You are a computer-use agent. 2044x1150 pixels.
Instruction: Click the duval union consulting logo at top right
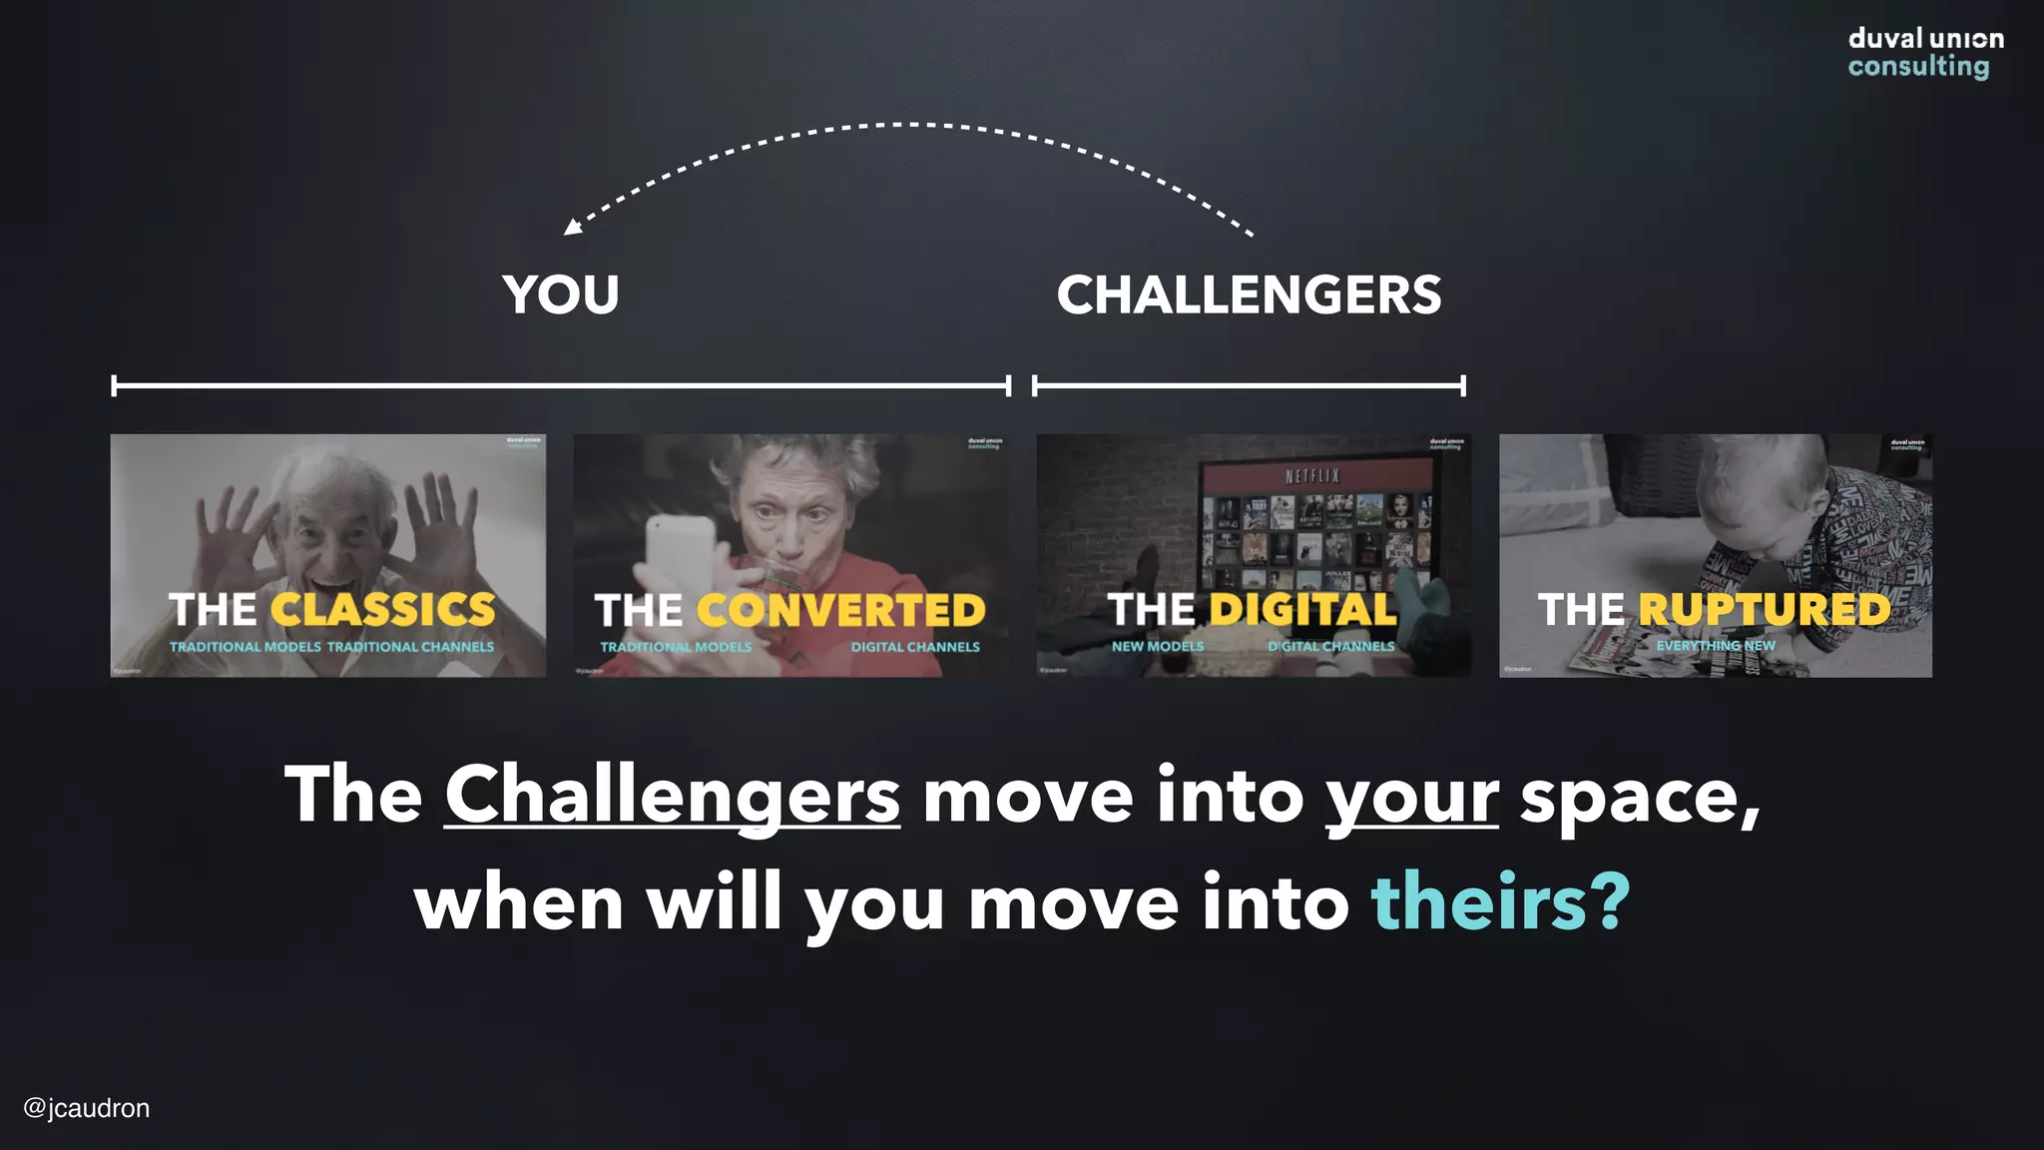(1924, 53)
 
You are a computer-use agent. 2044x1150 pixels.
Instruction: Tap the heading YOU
(561, 295)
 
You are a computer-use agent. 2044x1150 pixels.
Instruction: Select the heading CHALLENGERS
(1249, 295)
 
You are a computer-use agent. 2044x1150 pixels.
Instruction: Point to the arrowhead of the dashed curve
(572, 228)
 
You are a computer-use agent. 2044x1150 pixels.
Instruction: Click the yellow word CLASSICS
(382, 610)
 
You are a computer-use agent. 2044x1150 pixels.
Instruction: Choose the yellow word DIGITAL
(1302, 610)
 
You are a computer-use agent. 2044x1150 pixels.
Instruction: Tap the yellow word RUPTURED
(1764, 610)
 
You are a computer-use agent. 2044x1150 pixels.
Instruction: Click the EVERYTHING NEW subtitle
(1716, 646)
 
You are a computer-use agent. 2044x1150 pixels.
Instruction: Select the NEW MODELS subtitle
(1158, 647)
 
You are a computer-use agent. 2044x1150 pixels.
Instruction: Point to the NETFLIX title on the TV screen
(1312, 477)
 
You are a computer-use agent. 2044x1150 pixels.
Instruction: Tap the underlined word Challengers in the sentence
(672, 796)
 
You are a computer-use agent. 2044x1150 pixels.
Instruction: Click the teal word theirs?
(1500, 902)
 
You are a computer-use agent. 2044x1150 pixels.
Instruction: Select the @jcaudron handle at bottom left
(87, 1108)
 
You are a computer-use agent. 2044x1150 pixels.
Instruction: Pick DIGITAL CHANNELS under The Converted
(915, 647)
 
